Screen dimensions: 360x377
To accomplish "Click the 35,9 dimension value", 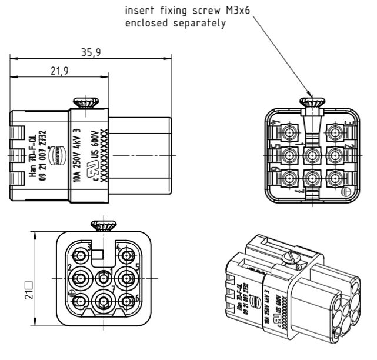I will click(x=92, y=53).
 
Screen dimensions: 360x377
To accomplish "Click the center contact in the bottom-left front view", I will click(x=104, y=276).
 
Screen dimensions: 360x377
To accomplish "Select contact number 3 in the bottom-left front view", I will click(x=80, y=254).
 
